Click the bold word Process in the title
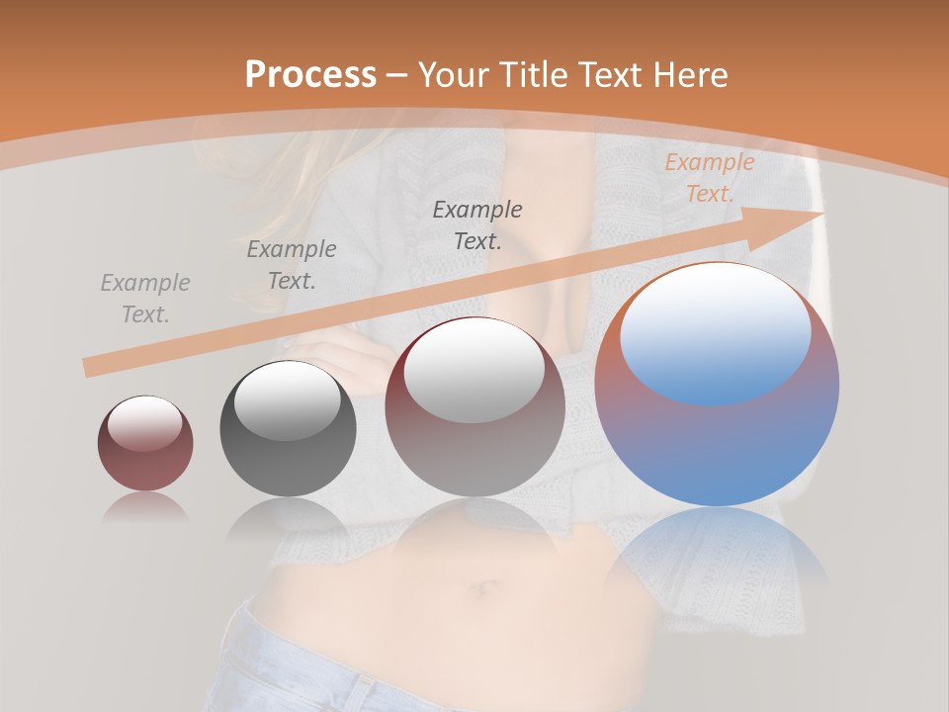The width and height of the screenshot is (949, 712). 310,75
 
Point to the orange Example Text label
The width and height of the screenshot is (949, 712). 709,178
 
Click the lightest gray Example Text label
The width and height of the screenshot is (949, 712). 145,299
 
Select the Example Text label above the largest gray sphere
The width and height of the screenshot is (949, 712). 477,224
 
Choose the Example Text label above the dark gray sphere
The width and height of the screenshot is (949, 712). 292,264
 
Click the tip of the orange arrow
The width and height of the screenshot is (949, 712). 821,214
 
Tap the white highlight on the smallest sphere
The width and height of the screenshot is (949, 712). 145,423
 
